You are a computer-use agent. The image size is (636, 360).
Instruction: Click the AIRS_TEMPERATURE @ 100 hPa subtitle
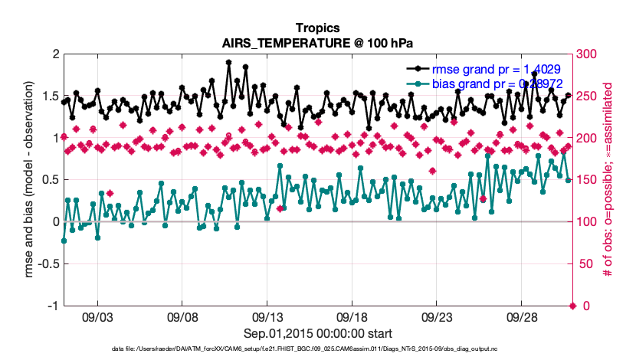coord(317,43)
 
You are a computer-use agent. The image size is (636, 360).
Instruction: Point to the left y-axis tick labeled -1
coord(52,306)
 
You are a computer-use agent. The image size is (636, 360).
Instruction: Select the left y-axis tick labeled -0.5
coord(48,263)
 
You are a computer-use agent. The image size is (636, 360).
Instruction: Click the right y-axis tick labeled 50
coord(584,263)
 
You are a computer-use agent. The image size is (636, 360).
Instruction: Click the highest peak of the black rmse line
coord(228,63)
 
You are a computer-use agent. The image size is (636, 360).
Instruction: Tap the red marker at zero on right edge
coord(572,306)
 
